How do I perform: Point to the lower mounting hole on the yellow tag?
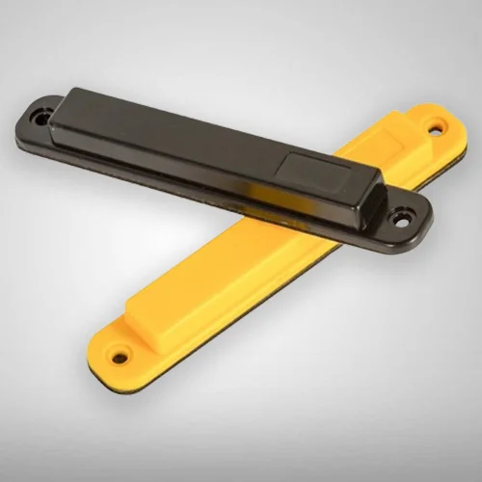[x=120, y=358]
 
